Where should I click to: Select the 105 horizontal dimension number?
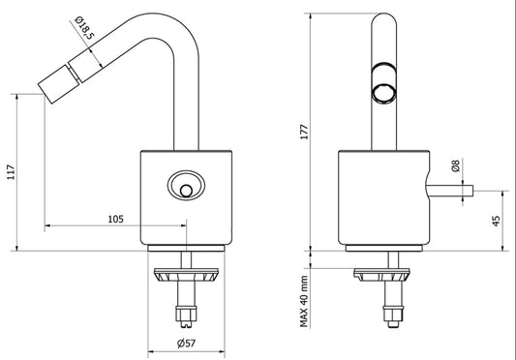115,220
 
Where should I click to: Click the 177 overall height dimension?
302,133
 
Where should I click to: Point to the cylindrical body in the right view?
378,198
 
